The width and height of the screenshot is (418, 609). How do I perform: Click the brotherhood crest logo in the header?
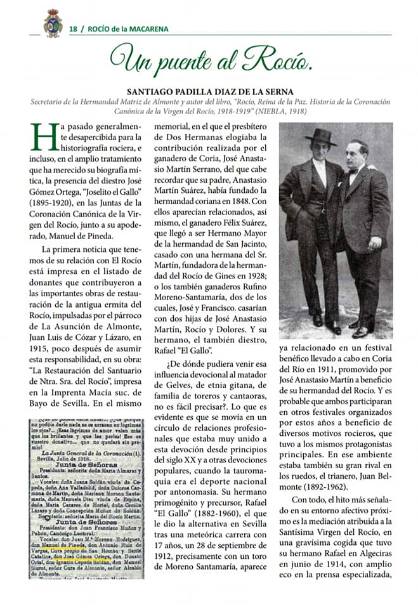point(53,23)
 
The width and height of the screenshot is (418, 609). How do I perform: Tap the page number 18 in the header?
point(73,29)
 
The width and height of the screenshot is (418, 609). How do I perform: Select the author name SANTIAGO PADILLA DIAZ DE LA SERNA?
point(209,91)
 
